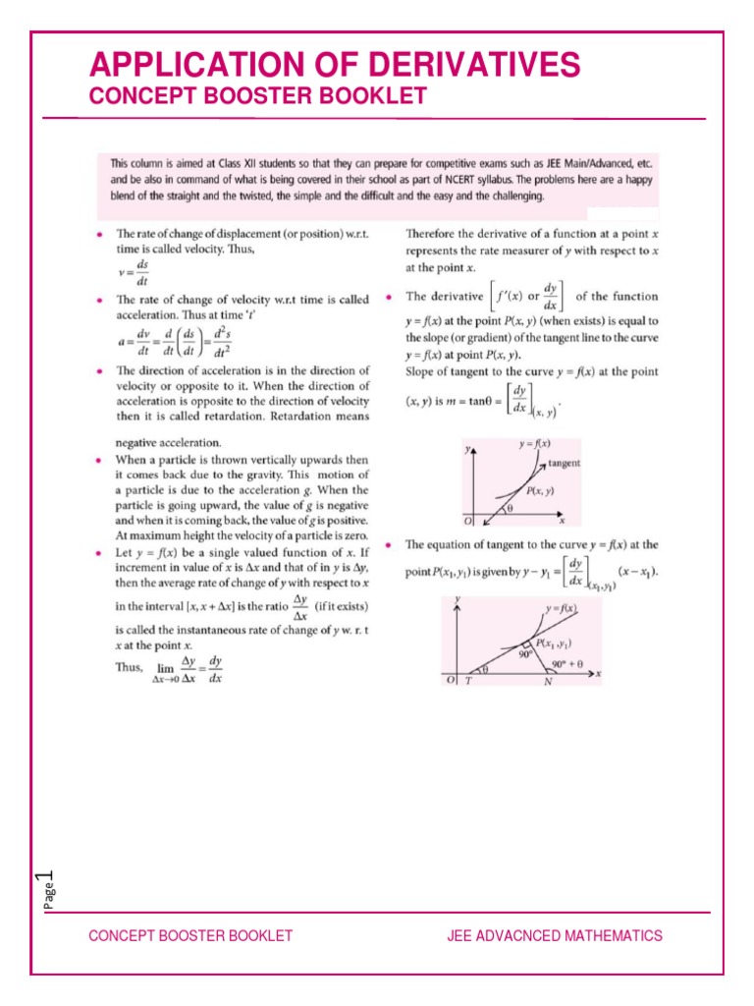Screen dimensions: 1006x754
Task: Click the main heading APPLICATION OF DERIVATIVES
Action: (334, 65)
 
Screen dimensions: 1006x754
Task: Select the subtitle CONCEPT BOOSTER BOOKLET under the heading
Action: (257, 96)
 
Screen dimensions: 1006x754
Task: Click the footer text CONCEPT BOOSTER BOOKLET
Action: (190, 935)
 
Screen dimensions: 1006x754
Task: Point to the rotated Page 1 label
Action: (45, 891)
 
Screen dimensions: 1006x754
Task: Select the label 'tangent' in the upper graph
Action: (563, 463)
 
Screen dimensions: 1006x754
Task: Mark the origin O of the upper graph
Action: (467, 518)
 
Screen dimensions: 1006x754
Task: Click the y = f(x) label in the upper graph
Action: (535, 444)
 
